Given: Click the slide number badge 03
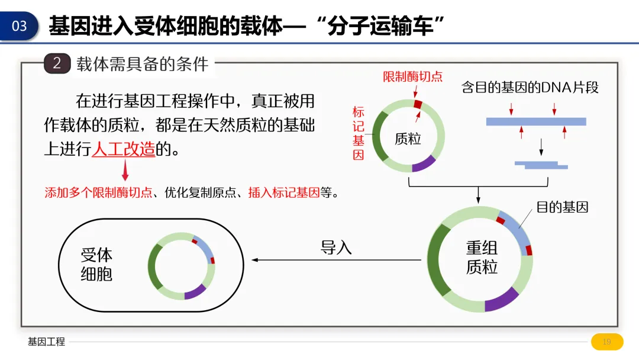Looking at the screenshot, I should [19, 26].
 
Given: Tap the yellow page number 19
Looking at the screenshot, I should [606, 342].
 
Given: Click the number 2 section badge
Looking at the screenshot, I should [57, 63].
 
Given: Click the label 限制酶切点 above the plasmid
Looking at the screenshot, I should [412, 77].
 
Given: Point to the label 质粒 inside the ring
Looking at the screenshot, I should [408, 139].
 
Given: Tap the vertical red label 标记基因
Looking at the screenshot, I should [358, 133].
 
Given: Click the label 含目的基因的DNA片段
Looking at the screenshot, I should [530, 88].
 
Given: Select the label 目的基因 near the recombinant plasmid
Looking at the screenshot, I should [561, 207].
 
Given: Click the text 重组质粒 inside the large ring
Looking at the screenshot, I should [482, 258].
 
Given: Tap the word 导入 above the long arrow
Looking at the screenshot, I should [336, 247].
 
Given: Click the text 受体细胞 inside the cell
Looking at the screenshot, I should [96, 265].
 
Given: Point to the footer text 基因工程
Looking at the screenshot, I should [46, 342].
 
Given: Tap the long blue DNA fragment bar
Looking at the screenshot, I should [535, 121].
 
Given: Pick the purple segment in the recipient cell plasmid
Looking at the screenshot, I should [195, 291].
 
